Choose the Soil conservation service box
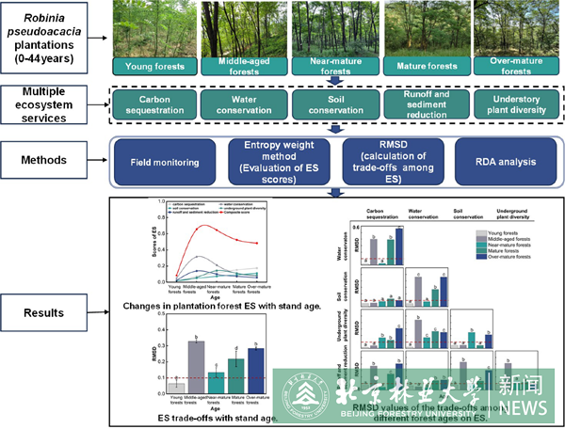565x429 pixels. [330, 103]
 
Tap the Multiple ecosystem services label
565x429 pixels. [49, 103]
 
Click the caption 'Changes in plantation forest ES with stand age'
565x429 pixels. [198, 307]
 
